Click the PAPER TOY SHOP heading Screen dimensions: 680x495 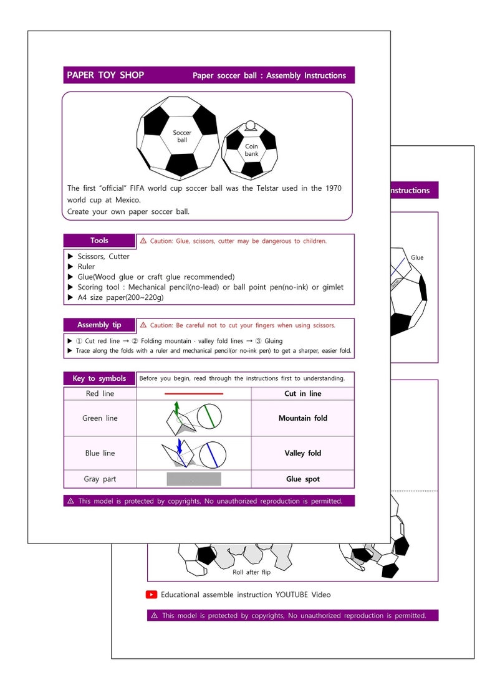pyautogui.click(x=105, y=75)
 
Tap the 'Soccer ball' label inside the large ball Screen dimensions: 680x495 pyautogui.click(x=182, y=136)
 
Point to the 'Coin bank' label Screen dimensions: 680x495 pyautogui.click(x=251, y=150)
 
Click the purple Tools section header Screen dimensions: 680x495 pyautogui.click(x=99, y=241)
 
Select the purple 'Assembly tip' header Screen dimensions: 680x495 pyautogui.click(x=99, y=325)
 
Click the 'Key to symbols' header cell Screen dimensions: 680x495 pyautogui.click(x=99, y=378)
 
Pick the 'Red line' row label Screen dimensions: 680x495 pyautogui.click(x=100, y=394)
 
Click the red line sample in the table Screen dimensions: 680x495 pyautogui.click(x=193, y=394)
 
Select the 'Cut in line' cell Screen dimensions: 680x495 pyautogui.click(x=302, y=394)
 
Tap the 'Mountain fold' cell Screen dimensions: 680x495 pyautogui.click(x=302, y=418)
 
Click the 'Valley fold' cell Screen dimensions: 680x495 pyautogui.click(x=302, y=453)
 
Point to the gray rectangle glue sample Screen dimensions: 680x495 pyautogui.click(x=193, y=479)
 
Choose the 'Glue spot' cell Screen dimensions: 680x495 pyautogui.click(x=302, y=479)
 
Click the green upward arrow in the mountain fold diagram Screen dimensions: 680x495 pyautogui.click(x=176, y=408)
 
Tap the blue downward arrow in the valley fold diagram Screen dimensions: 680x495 pyautogui.click(x=180, y=446)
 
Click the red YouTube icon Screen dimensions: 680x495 pyautogui.click(x=151, y=595)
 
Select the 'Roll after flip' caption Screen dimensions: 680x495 pyautogui.click(x=251, y=572)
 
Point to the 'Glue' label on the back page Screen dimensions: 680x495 pyautogui.click(x=417, y=257)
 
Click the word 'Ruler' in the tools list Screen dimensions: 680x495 pyautogui.click(x=86, y=267)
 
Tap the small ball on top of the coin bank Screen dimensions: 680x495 pyautogui.click(x=251, y=125)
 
